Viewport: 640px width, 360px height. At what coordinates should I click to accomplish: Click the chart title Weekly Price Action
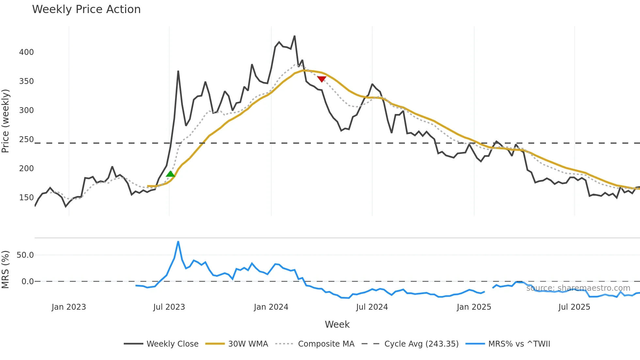click(86, 9)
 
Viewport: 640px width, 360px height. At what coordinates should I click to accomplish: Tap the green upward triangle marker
click(170, 174)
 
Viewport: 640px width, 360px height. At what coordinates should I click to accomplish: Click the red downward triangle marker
click(322, 79)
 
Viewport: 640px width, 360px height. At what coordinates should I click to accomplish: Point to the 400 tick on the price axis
click(26, 52)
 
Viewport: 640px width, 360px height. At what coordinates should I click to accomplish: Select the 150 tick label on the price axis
click(26, 198)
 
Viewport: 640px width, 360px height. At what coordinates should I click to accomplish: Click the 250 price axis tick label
click(26, 139)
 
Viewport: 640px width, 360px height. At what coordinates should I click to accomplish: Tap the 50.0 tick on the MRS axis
click(25, 255)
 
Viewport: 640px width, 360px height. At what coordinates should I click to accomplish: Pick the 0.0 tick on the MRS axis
click(27, 282)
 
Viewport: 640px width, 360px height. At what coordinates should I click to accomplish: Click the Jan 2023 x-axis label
click(69, 307)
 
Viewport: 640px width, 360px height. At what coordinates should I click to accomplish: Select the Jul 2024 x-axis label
click(372, 307)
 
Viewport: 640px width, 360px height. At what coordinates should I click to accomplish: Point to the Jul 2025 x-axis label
click(574, 307)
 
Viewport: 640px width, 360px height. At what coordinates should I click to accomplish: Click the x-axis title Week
click(337, 324)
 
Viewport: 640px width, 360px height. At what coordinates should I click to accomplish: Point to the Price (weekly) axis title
click(6, 121)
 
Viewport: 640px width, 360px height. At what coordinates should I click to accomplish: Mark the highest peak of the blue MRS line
click(178, 242)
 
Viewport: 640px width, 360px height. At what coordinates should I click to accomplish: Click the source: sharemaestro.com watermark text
click(578, 288)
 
